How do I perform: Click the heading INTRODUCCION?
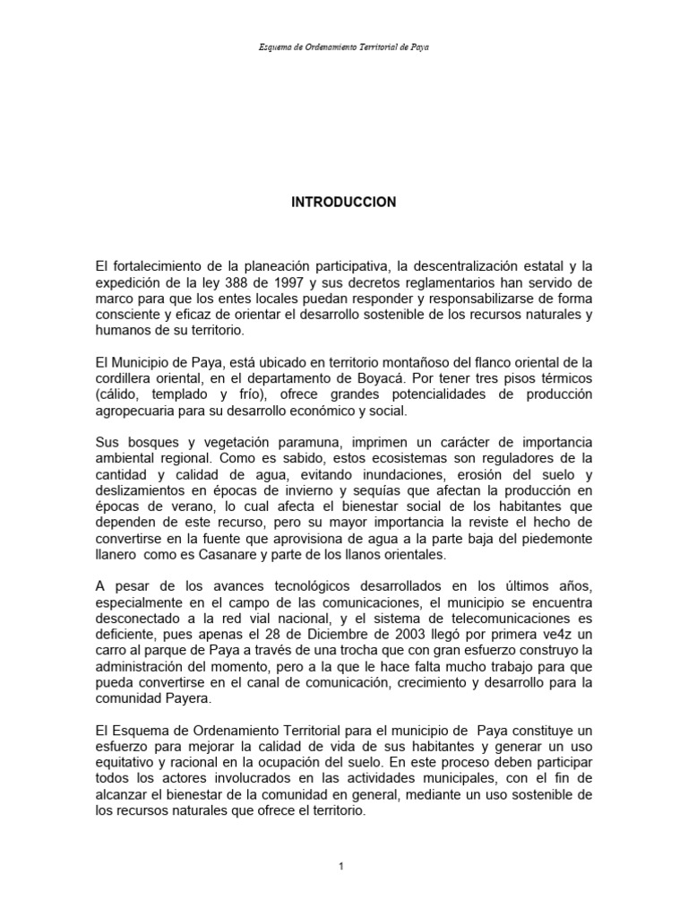343,203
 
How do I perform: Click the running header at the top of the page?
344,47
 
